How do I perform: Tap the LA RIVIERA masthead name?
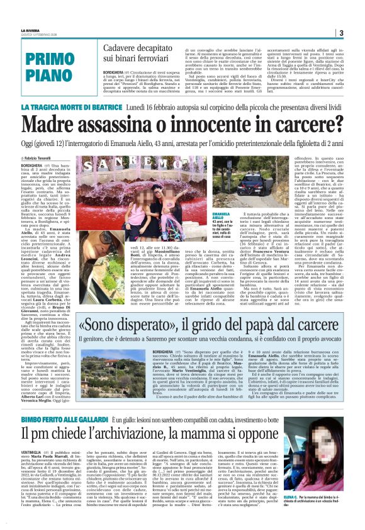pyautogui.click(x=30, y=30)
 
